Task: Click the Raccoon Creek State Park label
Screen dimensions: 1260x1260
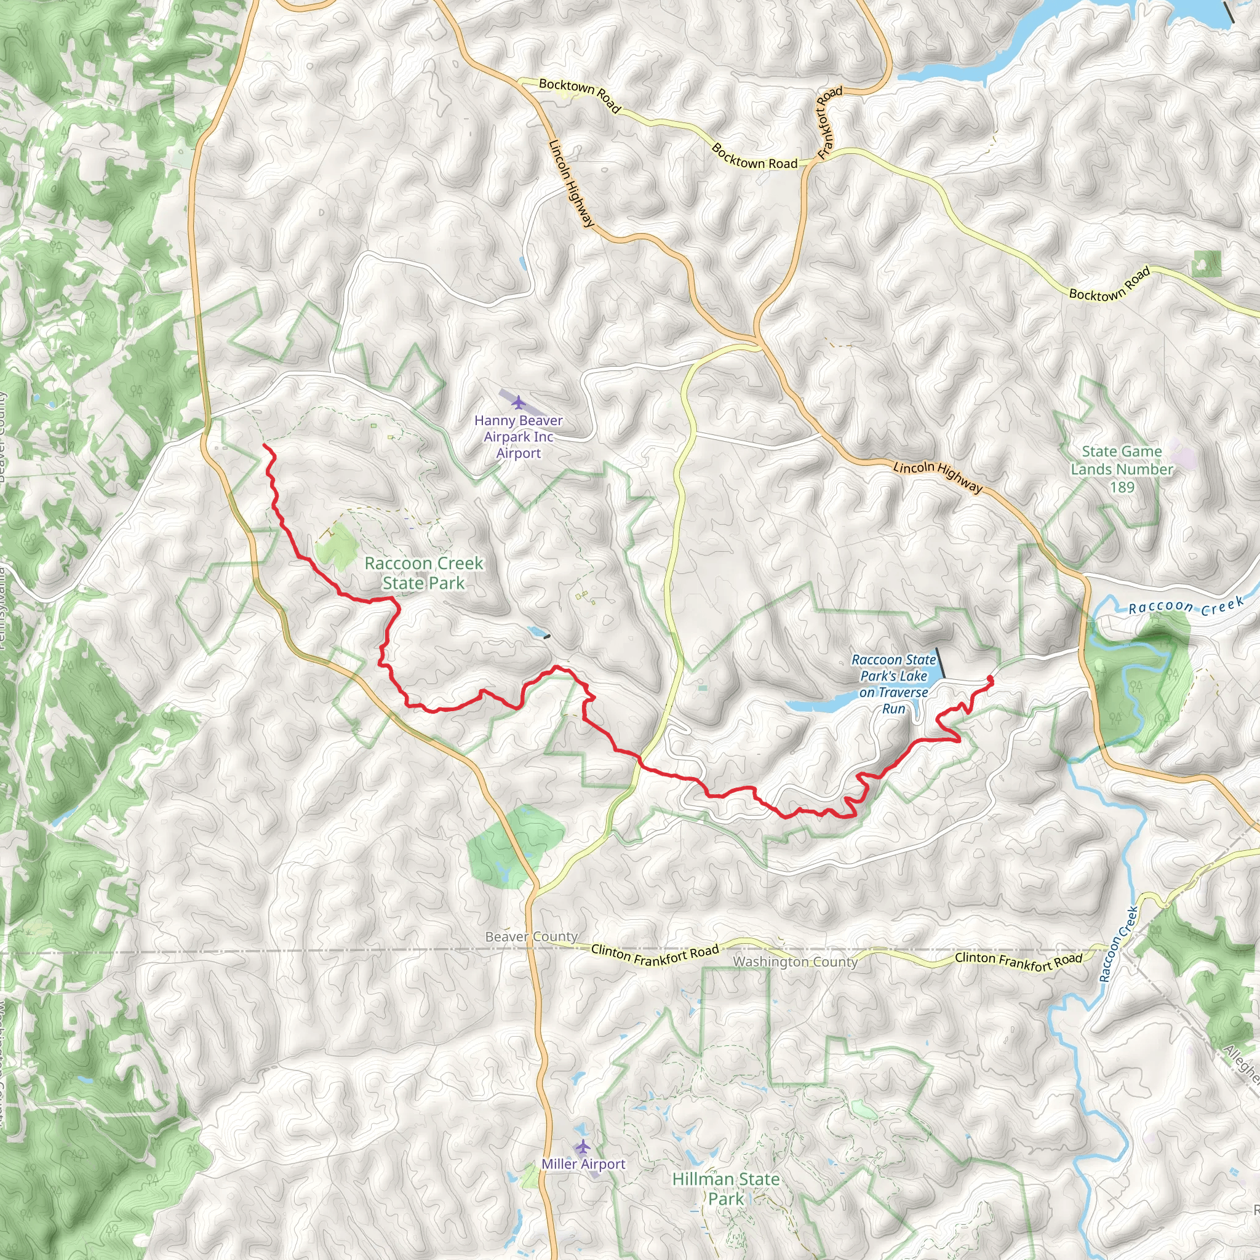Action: (x=424, y=573)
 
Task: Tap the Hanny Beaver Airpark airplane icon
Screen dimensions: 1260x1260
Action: (x=518, y=402)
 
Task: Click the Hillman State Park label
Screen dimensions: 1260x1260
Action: (x=726, y=1188)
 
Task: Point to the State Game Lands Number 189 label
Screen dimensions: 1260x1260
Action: (x=1121, y=469)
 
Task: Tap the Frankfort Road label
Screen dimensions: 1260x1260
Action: (x=829, y=122)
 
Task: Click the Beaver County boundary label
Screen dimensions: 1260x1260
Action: (x=532, y=936)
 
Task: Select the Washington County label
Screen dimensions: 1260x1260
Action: (x=795, y=962)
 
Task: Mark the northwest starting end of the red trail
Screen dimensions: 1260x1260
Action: (x=264, y=445)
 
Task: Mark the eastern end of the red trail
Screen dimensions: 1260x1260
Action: (x=990, y=679)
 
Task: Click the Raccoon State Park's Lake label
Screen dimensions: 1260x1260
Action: (x=893, y=684)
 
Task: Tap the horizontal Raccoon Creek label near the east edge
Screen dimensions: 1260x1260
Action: (x=1186, y=607)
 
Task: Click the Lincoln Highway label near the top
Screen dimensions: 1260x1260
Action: (x=572, y=184)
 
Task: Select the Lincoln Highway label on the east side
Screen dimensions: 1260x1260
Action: (x=937, y=477)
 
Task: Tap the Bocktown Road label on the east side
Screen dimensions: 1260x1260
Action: (x=1109, y=284)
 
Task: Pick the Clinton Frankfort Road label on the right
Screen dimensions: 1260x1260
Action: (x=1018, y=960)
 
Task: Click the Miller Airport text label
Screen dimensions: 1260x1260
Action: (x=583, y=1164)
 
